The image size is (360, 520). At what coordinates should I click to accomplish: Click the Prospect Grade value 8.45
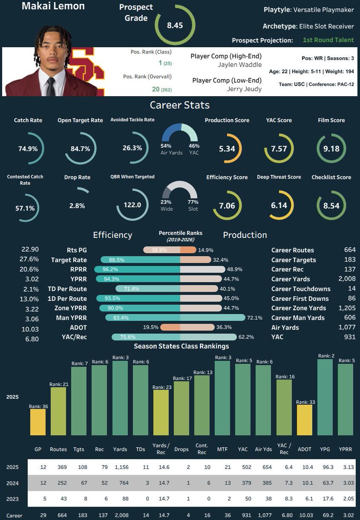[175, 25]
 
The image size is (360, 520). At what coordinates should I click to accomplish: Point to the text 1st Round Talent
[328, 40]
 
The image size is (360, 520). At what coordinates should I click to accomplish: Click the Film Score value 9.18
[331, 149]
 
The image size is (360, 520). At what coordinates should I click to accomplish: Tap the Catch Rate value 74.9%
[28, 149]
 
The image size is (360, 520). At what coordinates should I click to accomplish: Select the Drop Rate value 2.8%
[77, 206]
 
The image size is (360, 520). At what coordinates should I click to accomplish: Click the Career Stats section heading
[180, 105]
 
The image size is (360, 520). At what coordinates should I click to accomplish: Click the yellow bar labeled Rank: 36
[38, 422]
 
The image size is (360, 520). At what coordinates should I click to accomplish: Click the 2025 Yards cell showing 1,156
[118, 468]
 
